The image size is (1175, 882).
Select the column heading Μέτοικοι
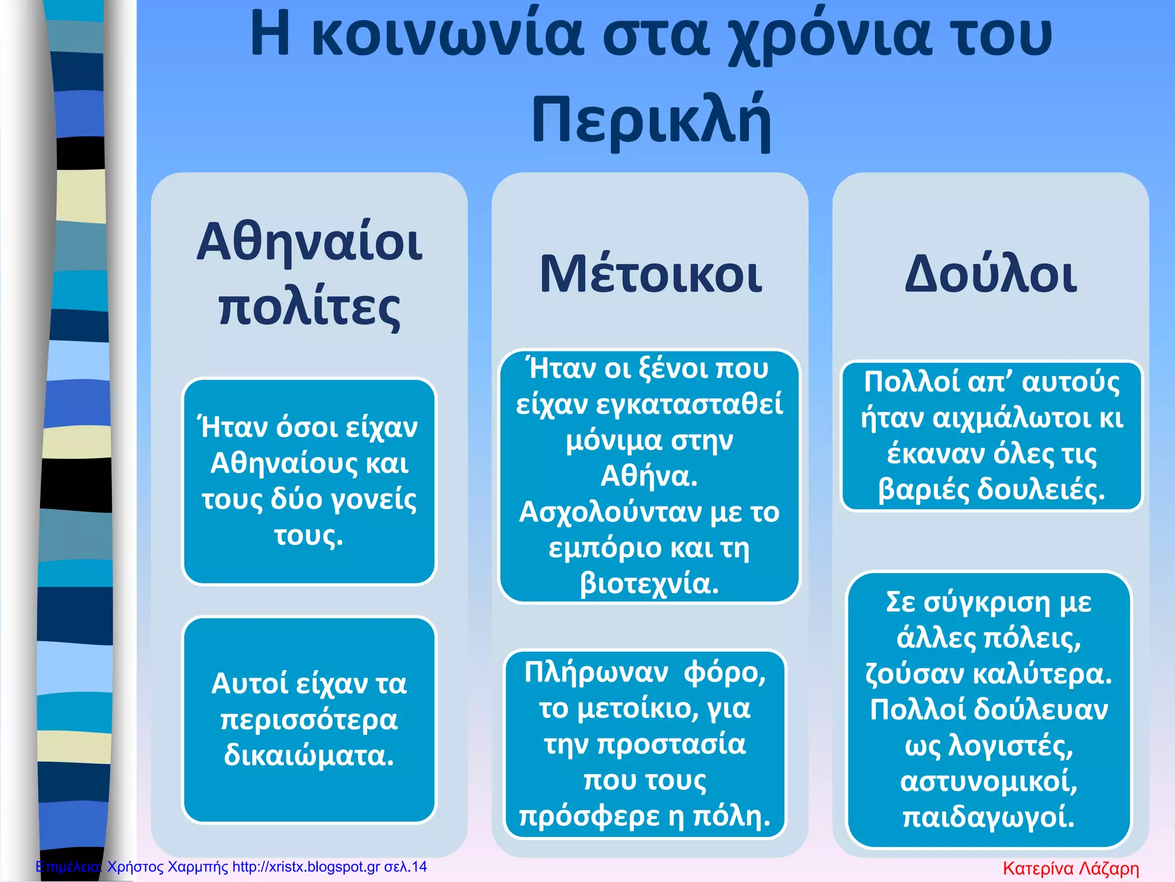(651, 274)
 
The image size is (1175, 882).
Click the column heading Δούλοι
(991, 274)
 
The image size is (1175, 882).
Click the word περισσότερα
(309, 719)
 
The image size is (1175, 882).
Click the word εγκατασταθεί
(690, 404)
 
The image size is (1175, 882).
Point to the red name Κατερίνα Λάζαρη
(1071, 868)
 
